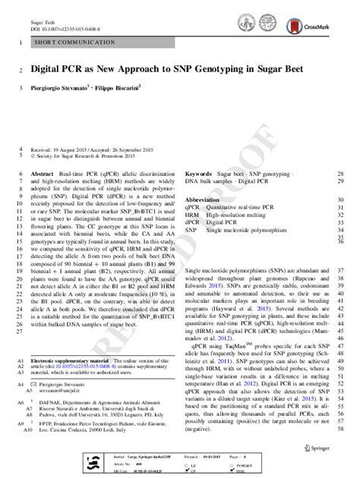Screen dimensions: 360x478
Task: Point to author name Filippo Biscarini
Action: coord(134,87)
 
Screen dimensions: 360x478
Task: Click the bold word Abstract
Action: coord(43,173)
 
